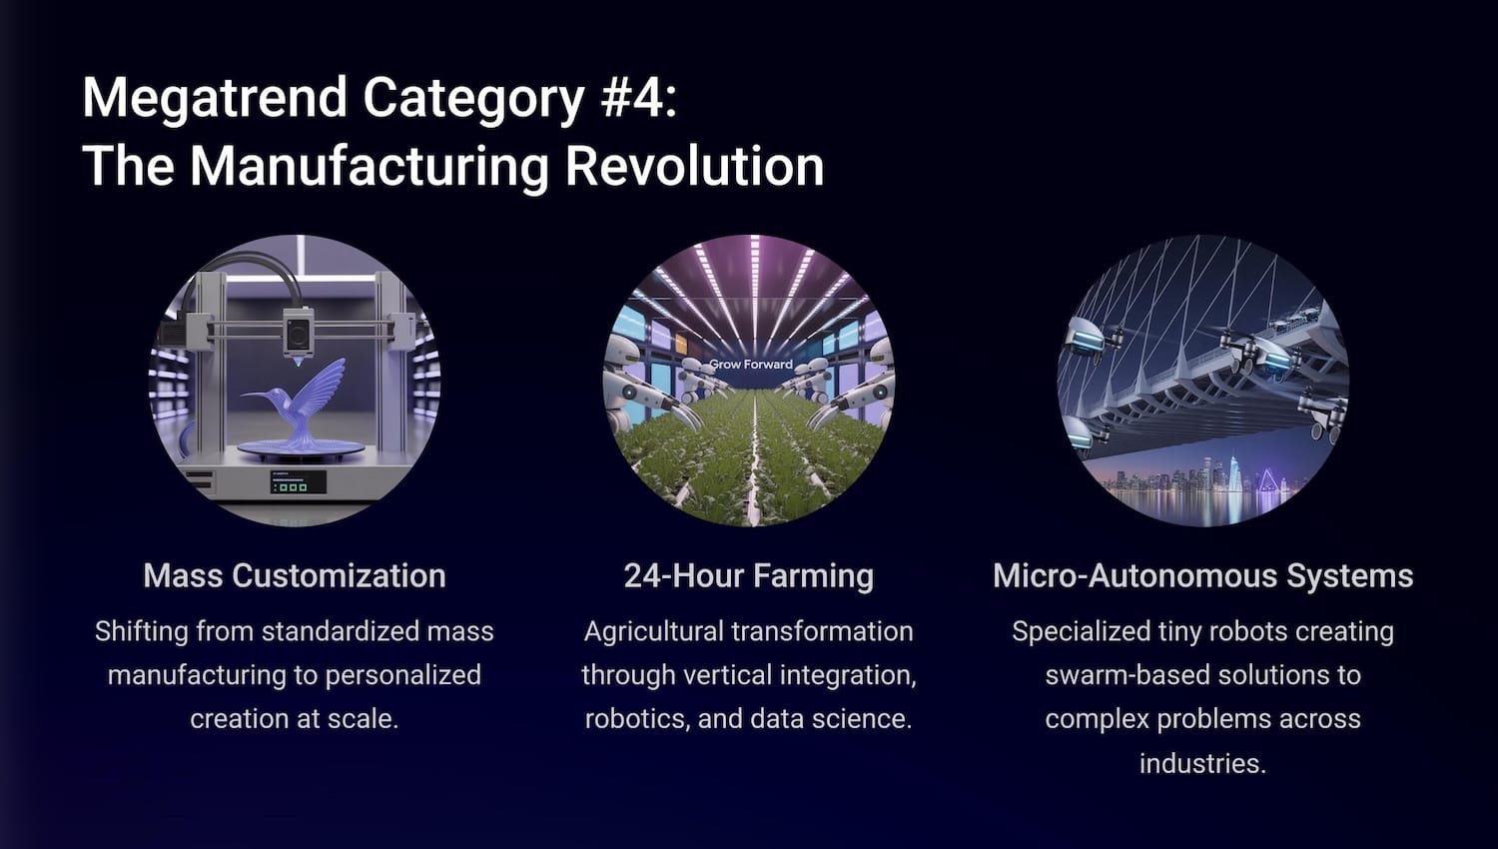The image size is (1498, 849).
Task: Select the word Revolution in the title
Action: pos(694,166)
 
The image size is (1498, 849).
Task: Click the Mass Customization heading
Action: pos(295,575)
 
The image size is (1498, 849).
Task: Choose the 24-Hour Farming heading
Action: pos(748,576)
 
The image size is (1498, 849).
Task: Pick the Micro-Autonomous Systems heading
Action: pos(1202,575)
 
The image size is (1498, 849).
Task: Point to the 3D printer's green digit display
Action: pos(298,481)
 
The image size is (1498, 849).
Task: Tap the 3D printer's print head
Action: pos(298,335)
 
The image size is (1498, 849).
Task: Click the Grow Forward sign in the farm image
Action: pos(750,364)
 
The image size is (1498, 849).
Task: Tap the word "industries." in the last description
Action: pos(1202,763)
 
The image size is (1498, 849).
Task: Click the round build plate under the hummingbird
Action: pos(301,449)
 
